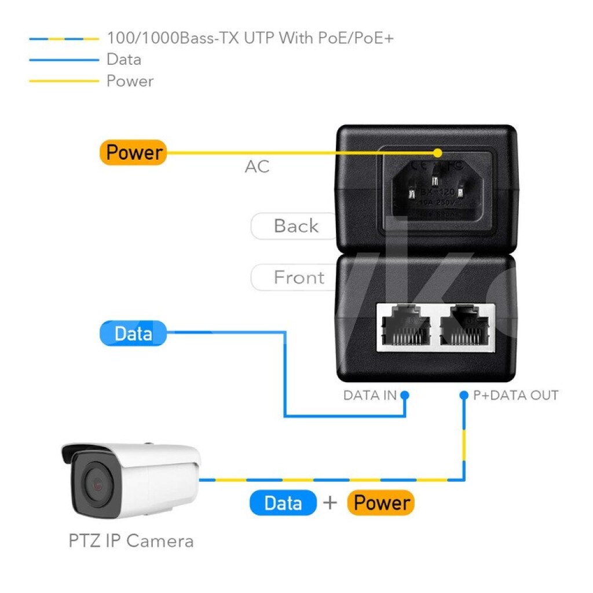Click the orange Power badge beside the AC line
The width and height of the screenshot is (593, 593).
point(133,153)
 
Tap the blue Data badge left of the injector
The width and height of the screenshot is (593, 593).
point(133,334)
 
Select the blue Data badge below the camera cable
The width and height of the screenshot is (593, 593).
point(283,503)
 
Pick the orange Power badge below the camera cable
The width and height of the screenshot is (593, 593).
point(381,503)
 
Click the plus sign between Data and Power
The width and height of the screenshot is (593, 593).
point(330,503)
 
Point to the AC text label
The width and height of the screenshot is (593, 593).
point(257,167)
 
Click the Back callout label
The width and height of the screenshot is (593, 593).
point(295,226)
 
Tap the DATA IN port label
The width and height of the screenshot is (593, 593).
point(370,396)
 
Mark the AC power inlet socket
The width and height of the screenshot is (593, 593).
point(437,190)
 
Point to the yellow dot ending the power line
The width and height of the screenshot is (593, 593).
point(438,153)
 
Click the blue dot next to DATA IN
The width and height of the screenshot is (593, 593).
point(405,395)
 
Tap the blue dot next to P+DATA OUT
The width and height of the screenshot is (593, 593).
point(463,395)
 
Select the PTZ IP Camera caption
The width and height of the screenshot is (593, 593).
point(131,541)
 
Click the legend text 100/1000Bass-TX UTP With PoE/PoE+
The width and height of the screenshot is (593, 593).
point(250,39)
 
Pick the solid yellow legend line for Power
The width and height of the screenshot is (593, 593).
point(64,81)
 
